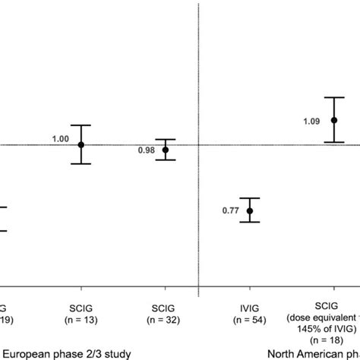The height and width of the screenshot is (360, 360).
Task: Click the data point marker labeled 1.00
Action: coord(81,144)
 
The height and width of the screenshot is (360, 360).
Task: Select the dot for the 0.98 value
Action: coord(166,150)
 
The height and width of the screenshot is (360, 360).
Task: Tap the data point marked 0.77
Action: coord(250,210)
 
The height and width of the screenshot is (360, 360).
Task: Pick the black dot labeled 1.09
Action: coord(333,120)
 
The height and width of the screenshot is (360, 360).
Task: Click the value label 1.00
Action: coord(60,139)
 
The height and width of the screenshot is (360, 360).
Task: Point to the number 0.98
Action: coord(147,150)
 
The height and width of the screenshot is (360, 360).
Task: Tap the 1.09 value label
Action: coord(312,120)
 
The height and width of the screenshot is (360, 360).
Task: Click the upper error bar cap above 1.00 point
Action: coord(81,125)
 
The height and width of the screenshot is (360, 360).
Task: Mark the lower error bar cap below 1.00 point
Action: coord(81,163)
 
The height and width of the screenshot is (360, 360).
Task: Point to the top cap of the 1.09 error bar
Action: coord(333,97)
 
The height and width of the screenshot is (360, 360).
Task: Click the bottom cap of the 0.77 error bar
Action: coord(250,222)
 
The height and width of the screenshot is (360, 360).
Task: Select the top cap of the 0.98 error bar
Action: coord(166,140)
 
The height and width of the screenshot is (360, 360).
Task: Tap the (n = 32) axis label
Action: coord(166,321)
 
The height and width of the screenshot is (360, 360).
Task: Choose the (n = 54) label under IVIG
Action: coord(250,321)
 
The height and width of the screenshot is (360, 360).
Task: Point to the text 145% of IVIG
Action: coord(332,331)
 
